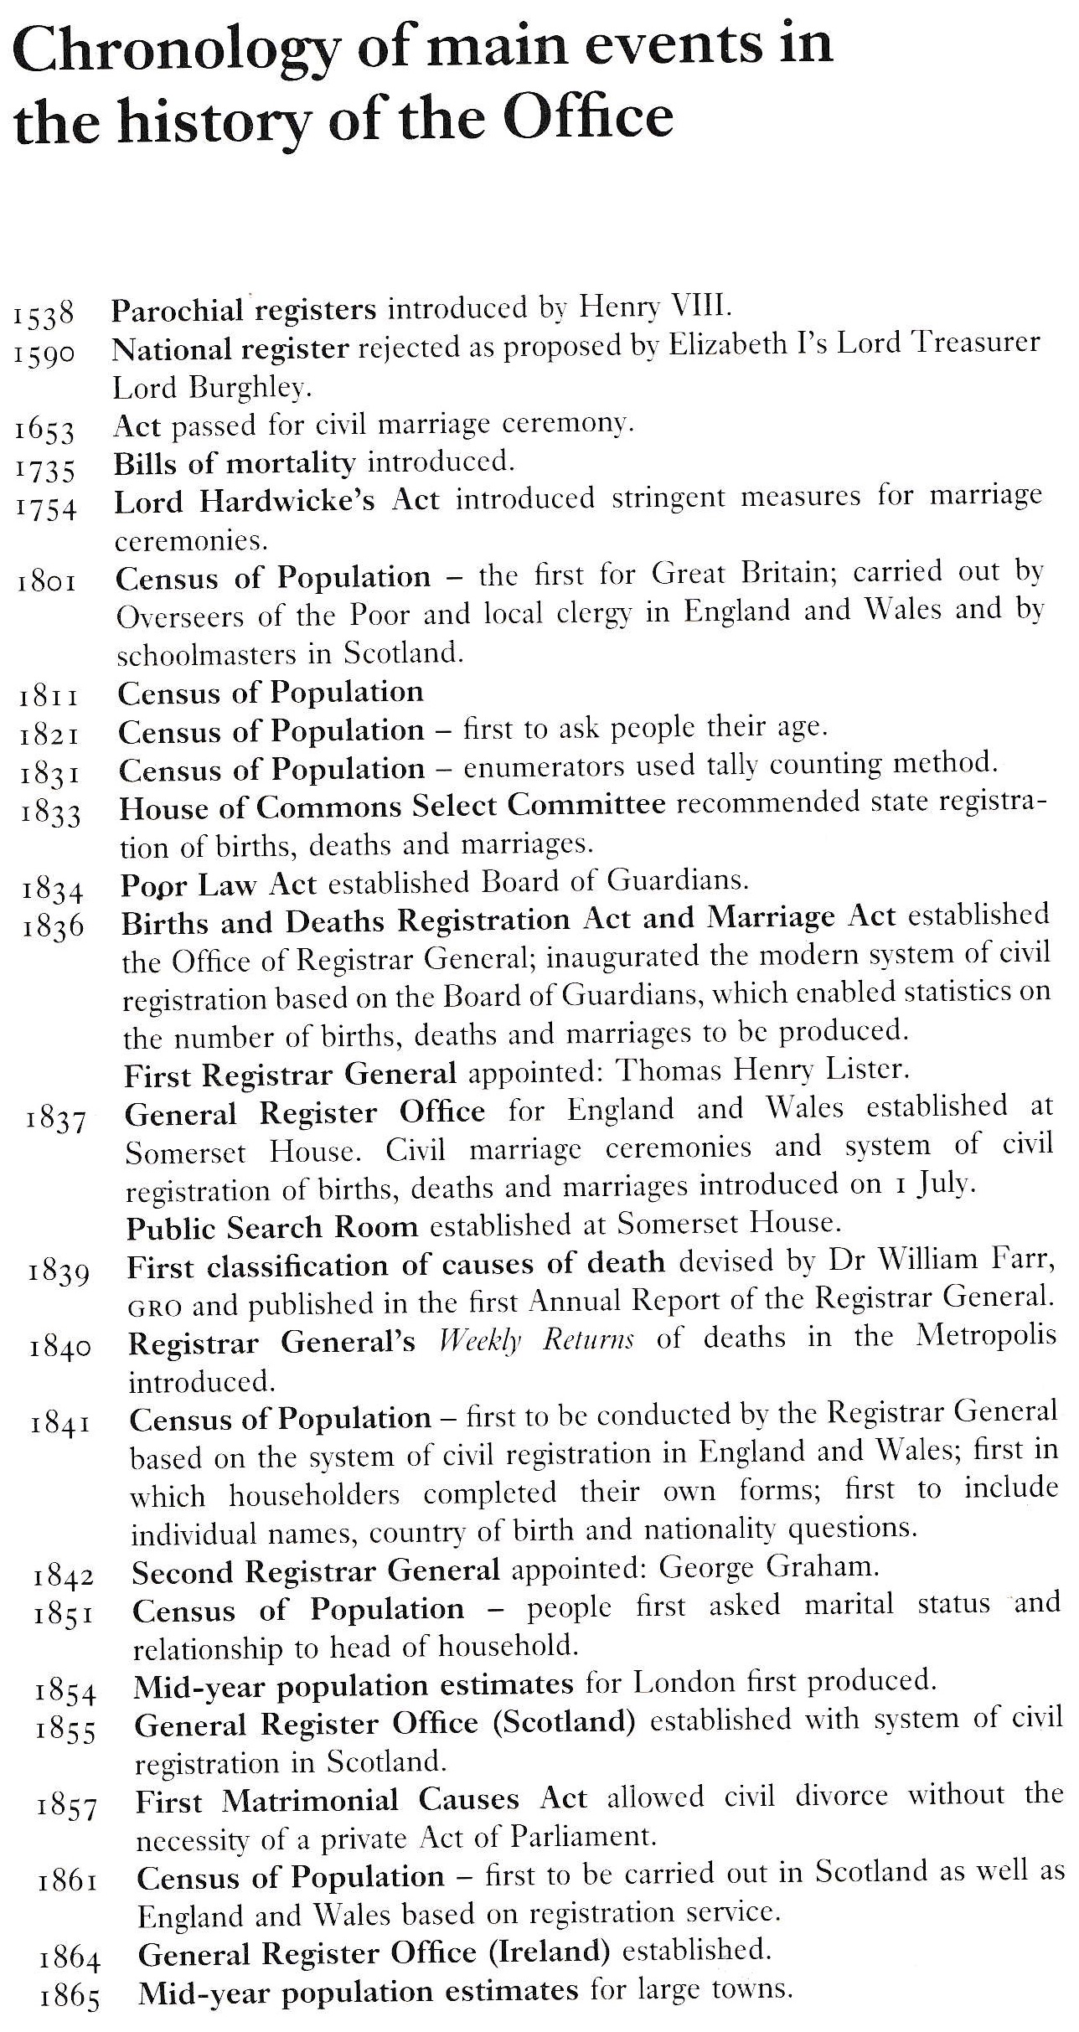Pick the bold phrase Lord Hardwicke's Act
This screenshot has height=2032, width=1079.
tap(276, 501)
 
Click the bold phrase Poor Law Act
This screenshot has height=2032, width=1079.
tap(219, 884)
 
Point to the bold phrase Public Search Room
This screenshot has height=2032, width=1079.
tap(271, 1228)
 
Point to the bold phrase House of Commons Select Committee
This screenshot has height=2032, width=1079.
tap(392, 806)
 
